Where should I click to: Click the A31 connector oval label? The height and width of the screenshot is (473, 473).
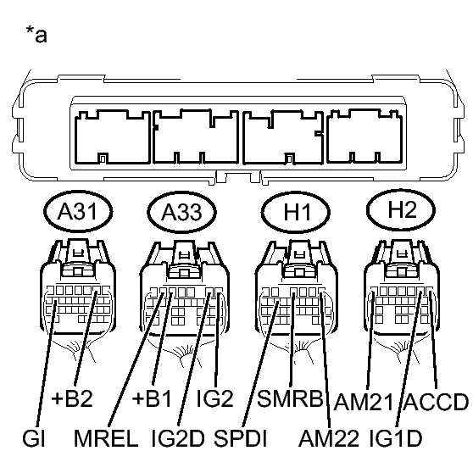(78, 211)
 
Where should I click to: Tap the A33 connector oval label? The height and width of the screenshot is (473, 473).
(182, 212)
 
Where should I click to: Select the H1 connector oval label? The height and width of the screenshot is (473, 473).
(296, 212)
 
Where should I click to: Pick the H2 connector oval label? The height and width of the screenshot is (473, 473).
(401, 210)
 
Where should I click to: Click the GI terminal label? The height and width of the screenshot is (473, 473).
(34, 438)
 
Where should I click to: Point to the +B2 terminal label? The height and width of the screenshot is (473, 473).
(72, 398)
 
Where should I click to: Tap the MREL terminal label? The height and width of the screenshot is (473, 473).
(106, 438)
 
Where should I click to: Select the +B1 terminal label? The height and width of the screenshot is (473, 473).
(152, 398)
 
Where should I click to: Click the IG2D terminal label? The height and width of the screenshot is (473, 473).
(178, 438)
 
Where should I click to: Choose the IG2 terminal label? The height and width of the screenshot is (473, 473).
(214, 398)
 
